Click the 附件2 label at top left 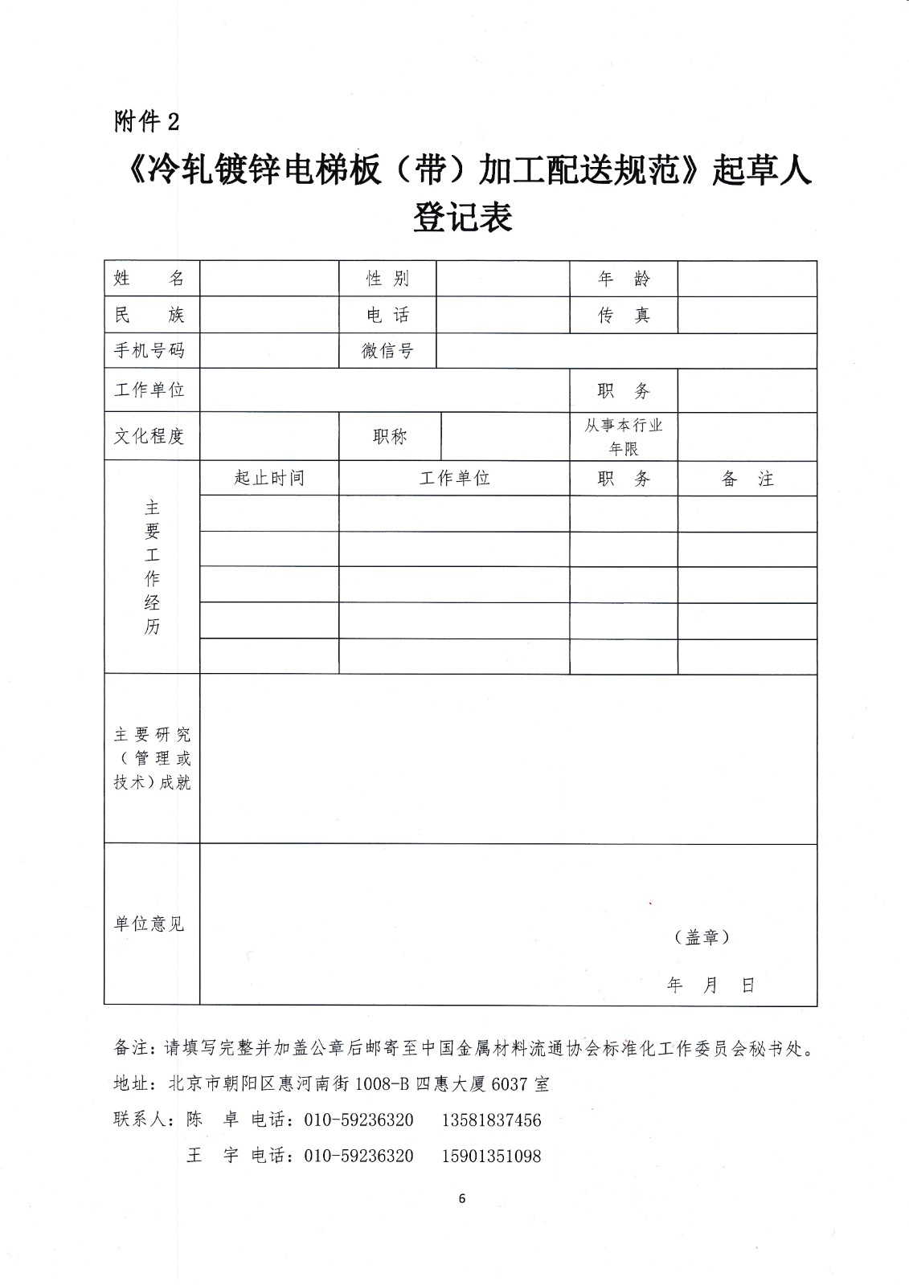pos(147,121)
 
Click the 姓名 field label pos(150,279)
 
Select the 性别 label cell pos(387,279)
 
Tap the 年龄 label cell pos(624,279)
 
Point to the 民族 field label pos(150,315)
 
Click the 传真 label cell pos(624,315)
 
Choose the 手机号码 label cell pos(150,351)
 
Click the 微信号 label pos(387,351)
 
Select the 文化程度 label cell pos(150,436)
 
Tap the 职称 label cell pos(390,436)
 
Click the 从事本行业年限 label pos(624,436)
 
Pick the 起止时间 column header pos(269,479)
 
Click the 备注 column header pos(747,479)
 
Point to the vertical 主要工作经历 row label pos(152,567)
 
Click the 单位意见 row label pos(150,924)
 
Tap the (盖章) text pos(702,937)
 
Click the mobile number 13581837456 pos(491,1120)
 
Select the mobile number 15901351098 pos(491,1156)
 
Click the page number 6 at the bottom pos(461,1199)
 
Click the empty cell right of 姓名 pos(269,279)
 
